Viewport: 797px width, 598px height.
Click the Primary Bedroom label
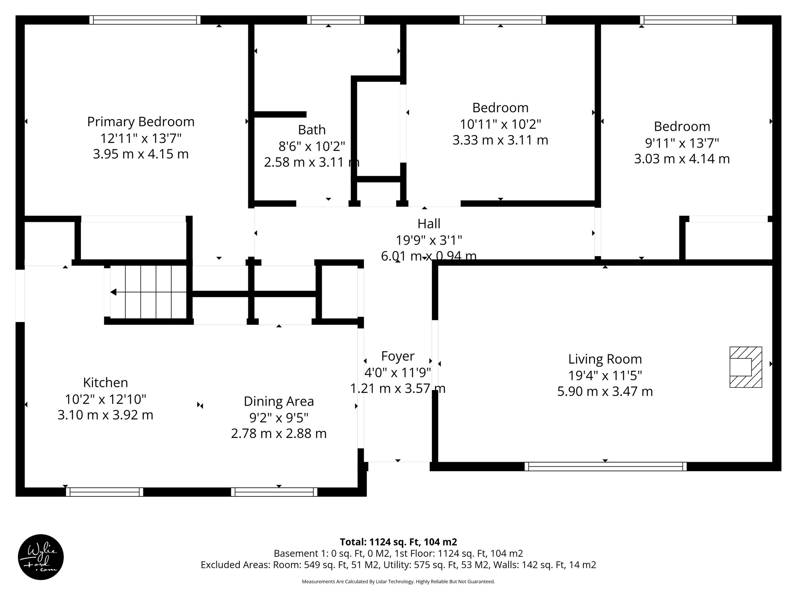(140, 122)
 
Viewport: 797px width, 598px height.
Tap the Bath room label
(312, 130)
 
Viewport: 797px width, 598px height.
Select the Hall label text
(429, 224)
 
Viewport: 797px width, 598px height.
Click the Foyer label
(397, 356)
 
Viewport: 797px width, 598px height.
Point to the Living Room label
(605, 359)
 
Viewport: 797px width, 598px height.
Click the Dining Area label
(279, 401)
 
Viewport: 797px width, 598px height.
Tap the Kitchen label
(105, 383)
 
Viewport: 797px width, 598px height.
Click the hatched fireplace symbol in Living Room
(745, 367)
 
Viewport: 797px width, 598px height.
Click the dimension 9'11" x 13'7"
(682, 143)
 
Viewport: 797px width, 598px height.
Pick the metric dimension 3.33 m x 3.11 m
(500, 140)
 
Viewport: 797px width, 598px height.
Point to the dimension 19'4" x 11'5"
(605, 376)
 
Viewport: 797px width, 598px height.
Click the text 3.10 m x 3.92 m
(105, 415)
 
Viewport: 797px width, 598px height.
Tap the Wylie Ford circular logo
(41, 557)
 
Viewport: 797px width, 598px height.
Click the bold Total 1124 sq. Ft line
(398, 542)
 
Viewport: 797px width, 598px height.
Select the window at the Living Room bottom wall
(605, 466)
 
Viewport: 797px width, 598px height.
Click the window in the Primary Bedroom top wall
(145, 20)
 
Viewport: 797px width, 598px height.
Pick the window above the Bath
(335, 20)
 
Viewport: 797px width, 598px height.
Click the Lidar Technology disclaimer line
(398, 582)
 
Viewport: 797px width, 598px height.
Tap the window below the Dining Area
(274, 492)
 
